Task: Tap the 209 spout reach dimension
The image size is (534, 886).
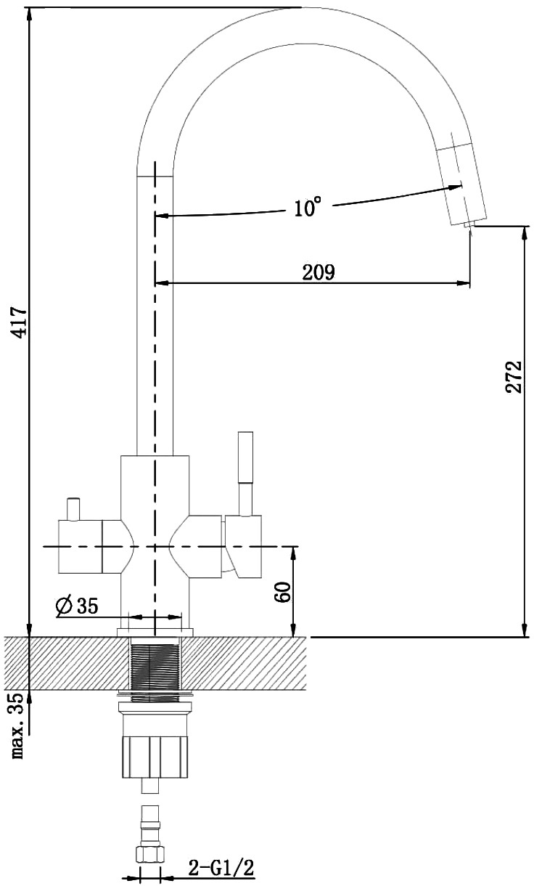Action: pos(319,272)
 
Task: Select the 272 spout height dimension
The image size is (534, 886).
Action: pos(514,376)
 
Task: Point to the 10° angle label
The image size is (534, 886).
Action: pos(307,206)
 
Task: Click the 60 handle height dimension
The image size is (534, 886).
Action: pos(283,592)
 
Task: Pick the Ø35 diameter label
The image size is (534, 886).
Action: pos(77,606)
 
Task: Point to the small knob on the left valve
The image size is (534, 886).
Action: pos(74,509)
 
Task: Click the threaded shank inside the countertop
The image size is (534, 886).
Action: pos(155,666)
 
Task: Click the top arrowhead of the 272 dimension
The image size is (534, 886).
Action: pos(525,233)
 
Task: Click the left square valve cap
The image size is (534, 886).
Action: pos(81,546)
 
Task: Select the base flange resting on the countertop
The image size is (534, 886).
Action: pos(155,632)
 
